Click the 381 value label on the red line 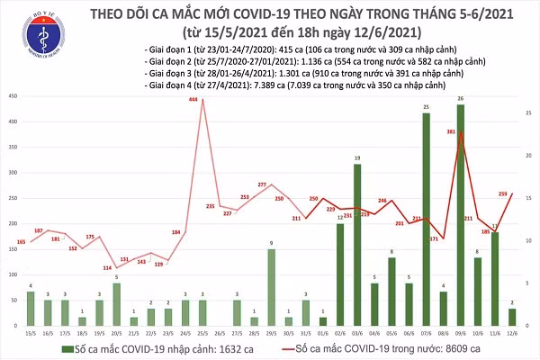(x=449, y=130)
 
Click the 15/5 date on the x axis (x=32, y=333)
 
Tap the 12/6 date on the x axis (x=510, y=333)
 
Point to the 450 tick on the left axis (x=12, y=95)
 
